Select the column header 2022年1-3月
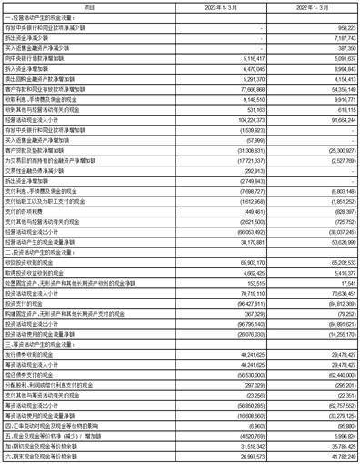(x=316, y=6)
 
